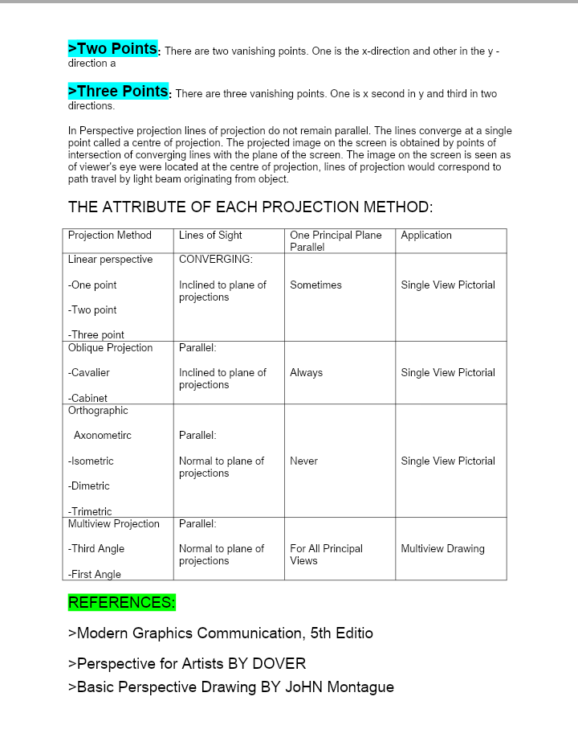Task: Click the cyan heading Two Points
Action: (x=113, y=49)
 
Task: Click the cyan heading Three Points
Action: (x=119, y=91)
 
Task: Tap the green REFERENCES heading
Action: (x=121, y=602)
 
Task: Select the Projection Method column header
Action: (x=109, y=236)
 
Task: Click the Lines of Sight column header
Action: (x=210, y=236)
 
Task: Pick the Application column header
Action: (x=426, y=236)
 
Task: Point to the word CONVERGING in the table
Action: (x=215, y=260)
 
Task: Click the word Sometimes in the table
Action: (x=315, y=285)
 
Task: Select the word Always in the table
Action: (x=306, y=373)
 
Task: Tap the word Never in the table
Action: (x=303, y=461)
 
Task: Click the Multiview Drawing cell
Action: (x=442, y=549)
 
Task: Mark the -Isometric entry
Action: (x=91, y=461)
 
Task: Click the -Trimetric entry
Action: (x=90, y=511)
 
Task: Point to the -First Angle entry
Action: (x=94, y=574)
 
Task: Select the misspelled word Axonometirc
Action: (x=103, y=436)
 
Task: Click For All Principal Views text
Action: (x=326, y=555)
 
